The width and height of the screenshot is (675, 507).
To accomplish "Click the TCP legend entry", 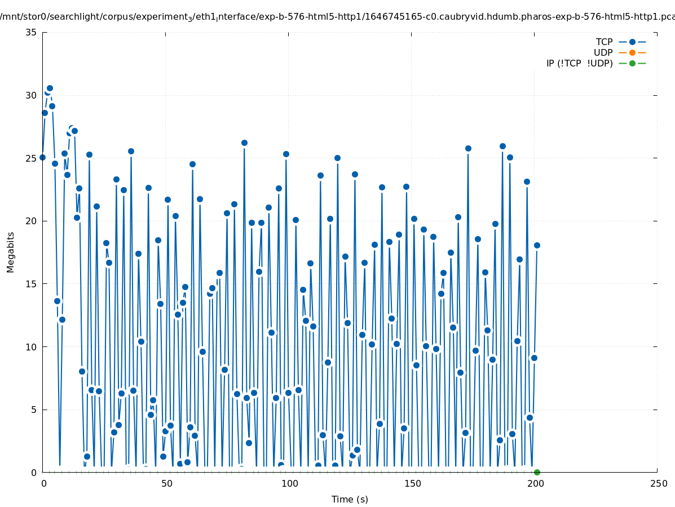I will point(604,42).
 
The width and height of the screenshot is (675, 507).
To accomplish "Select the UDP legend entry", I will point(603,52).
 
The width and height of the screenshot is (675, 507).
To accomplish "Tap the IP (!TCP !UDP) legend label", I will point(579,63).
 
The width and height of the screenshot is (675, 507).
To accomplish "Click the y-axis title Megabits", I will point(11,252).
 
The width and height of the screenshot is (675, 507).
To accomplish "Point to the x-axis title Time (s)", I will point(350,499).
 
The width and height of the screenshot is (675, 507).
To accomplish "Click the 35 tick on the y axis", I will point(32,32).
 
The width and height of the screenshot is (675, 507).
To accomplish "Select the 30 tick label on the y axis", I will point(32,95).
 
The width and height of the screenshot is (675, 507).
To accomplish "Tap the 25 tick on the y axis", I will point(32,158).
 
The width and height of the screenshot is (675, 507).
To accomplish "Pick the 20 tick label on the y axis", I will point(32,221).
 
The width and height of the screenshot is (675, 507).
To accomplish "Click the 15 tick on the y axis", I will point(32,284).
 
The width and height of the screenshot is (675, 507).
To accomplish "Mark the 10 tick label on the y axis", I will point(32,346).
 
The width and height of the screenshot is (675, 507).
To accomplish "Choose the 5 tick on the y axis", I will point(34,410).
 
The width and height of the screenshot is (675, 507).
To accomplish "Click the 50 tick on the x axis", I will point(166,483).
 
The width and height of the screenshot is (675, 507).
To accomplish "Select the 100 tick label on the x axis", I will point(289,483).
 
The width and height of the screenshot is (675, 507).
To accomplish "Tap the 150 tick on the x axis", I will point(412,483).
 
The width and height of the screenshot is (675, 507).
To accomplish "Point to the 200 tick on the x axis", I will point(535,483).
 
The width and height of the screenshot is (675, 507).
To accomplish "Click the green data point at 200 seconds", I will point(537,472).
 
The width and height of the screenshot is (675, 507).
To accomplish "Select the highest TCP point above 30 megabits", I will point(50,88).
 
